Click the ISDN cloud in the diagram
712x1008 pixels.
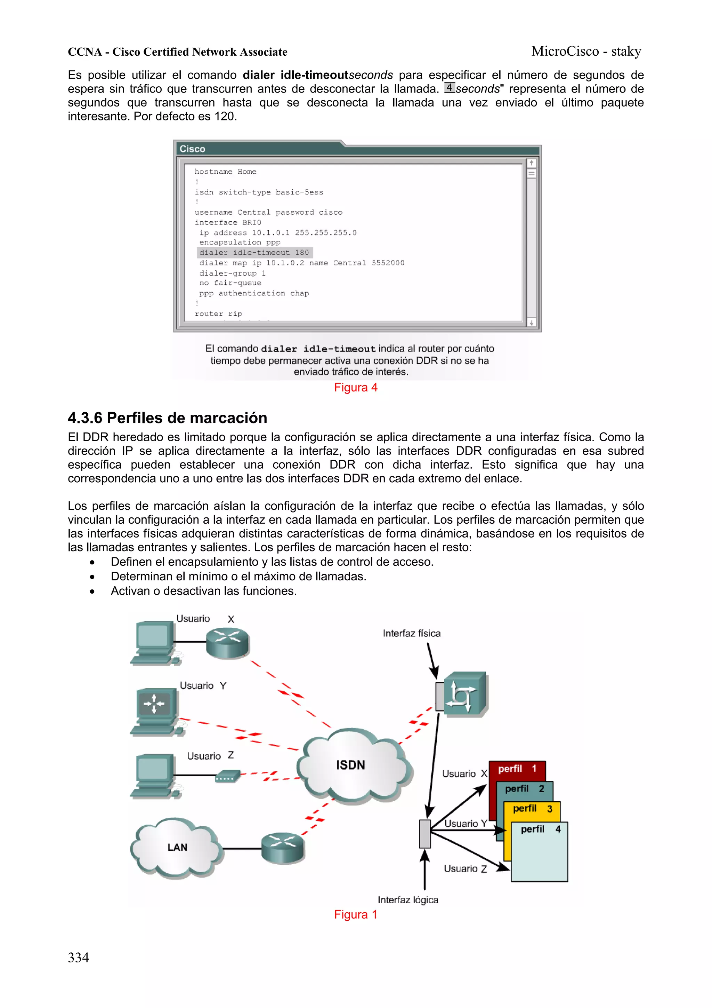click(x=351, y=765)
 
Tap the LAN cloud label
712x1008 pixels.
click(x=177, y=847)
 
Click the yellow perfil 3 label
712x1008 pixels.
click(x=532, y=809)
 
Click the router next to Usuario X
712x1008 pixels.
click(x=227, y=642)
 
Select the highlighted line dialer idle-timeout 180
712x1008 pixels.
click(x=254, y=253)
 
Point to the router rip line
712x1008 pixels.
click(x=218, y=313)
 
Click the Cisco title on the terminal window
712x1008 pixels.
click(x=192, y=149)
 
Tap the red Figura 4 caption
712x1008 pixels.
click(x=355, y=387)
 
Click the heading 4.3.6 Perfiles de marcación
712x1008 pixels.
click(x=167, y=418)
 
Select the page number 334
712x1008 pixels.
click(x=78, y=958)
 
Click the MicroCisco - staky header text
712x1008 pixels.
click(x=586, y=51)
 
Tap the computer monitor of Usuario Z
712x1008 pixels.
click(x=153, y=769)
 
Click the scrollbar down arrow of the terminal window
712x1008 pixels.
click(x=531, y=323)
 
